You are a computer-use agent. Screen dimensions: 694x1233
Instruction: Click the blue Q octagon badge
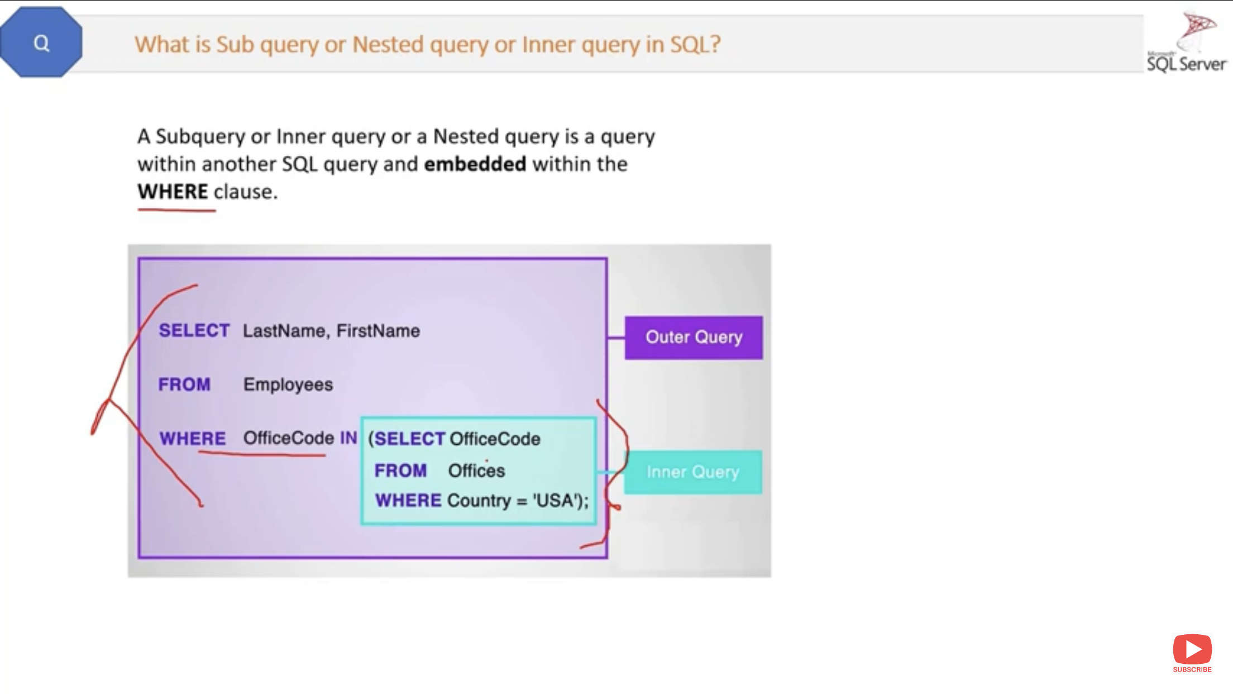[x=41, y=42]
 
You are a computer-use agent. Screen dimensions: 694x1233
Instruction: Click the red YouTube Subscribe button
[x=1192, y=652]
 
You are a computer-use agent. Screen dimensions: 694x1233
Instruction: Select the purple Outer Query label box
[x=694, y=338]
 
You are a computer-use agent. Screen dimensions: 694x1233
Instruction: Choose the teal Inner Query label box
[x=693, y=472]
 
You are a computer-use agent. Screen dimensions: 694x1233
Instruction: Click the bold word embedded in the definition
[x=475, y=164]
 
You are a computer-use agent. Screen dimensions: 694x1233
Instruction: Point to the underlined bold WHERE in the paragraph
[x=173, y=192]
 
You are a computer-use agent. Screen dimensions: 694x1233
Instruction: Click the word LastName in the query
[x=284, y=331]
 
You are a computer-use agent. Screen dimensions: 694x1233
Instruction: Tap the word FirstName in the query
[x=378, y=331]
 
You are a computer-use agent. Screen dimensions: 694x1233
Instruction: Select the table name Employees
[x=288, y=384]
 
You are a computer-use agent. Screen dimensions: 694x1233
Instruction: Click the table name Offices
[x=476, y=470]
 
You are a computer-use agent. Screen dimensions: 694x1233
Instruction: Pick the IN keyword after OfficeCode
[x=348, y=438]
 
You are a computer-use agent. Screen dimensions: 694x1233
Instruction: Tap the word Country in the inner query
[x=479, y=500]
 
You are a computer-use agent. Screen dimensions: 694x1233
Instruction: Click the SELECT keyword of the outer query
[x=194, y=331]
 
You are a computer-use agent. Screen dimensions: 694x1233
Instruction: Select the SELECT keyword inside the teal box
[x=409, y=439]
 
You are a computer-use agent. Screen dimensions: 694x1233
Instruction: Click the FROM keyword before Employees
[x=185, y=384]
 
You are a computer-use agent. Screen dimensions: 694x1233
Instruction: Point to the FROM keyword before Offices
[x=400, y=470]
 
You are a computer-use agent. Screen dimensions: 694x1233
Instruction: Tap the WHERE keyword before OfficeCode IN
[x=193, y=439]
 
